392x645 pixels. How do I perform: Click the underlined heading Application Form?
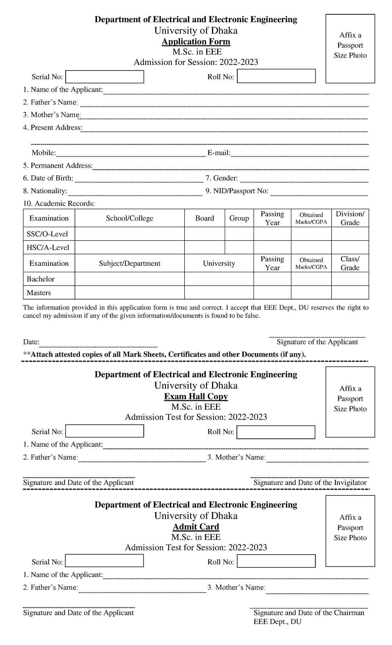(196, 42)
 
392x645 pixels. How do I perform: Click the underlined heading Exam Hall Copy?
(196, 397)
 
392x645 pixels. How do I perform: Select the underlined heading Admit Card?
(196, 527)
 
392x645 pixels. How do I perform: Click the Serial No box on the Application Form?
(105, 77)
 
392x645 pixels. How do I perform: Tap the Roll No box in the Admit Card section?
(276, 561)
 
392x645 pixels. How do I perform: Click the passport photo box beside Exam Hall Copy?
(350, 402)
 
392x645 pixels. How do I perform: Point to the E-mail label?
(219, 153)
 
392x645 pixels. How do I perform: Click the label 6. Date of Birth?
(48, 178)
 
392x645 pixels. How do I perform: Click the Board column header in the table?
(204, 218)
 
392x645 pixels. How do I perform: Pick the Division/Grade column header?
(350, 218)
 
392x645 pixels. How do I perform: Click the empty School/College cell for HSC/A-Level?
(129, 247)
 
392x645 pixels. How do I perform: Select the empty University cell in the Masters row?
(219, 292)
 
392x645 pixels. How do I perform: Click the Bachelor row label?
(41, 279)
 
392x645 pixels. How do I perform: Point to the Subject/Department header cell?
(129, 263)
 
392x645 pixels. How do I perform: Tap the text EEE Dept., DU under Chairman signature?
(277, 621)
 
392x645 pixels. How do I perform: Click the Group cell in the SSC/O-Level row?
(239, 234)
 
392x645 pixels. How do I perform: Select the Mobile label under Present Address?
(43, 153)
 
